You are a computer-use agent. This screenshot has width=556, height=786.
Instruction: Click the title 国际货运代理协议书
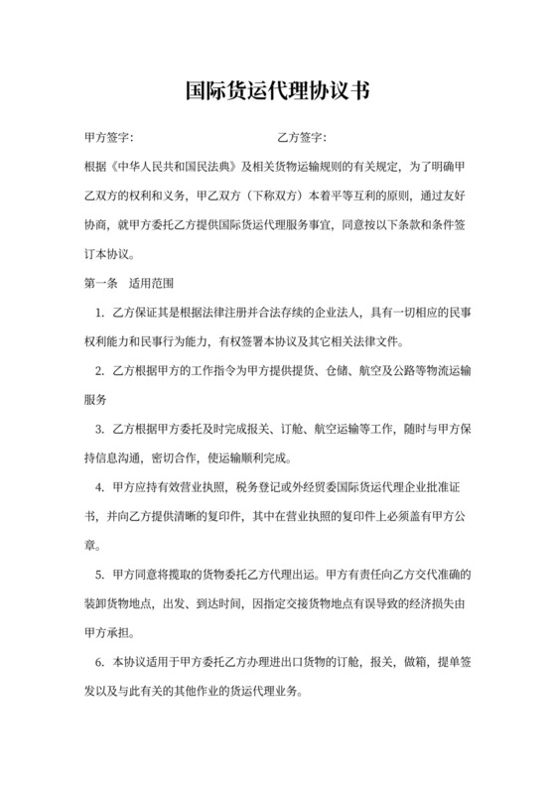click(278, 92)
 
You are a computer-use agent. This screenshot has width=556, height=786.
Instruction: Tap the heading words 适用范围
click(153, 282)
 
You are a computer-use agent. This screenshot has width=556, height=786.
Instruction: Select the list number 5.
click(100, 575)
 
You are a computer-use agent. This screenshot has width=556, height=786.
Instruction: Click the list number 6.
click(100, 662)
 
